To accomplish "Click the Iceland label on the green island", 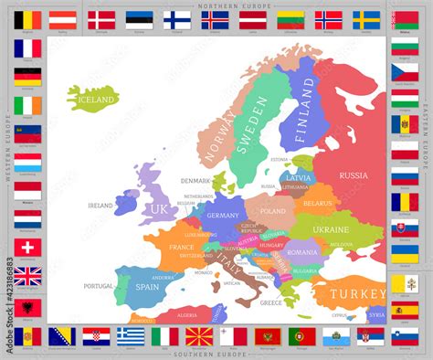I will point(95,99).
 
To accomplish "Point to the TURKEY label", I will point(358,293).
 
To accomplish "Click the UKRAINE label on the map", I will point(331,228).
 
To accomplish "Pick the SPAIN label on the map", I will point(148,285).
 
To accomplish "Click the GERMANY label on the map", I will point(223,216).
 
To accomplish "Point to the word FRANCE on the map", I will point(181,247).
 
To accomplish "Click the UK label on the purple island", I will point(158,208).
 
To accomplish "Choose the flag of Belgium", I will point(27,19).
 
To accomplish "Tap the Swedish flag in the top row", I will point(366,19).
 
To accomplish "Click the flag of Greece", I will point(131,335).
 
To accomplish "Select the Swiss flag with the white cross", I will point(27,248).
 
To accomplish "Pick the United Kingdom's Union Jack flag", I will point(27,276).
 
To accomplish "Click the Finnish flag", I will point(177,19).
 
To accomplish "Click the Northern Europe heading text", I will point(216,5).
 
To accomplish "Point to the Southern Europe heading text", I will point(216,355).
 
